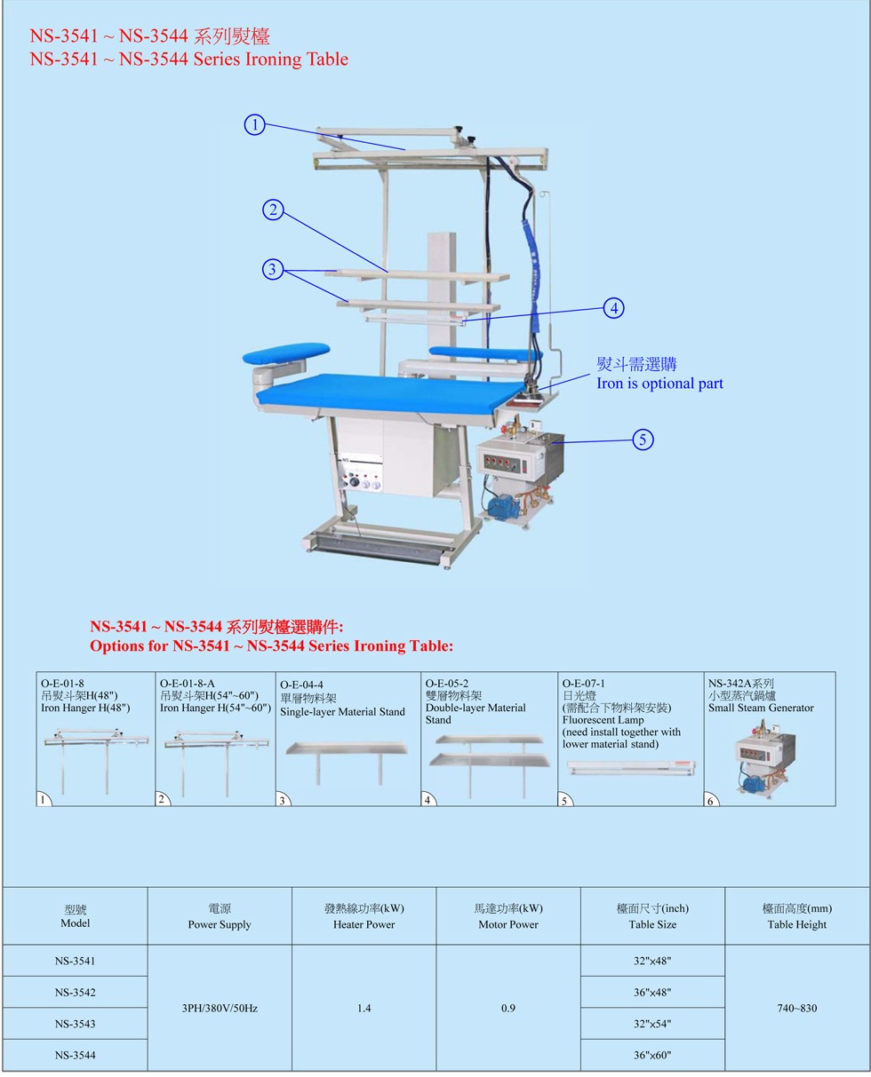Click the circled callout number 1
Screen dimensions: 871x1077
click(254, 124)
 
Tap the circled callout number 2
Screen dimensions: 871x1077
click(273, 210)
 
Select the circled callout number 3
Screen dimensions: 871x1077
click(272, 269)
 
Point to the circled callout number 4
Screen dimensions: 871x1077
click(613, 308)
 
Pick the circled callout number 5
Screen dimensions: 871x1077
click(643, 439)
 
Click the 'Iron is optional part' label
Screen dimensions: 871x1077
click(659, 384)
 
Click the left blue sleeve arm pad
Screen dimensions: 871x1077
click(286, 352)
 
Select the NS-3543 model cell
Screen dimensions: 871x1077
click(75, 1024)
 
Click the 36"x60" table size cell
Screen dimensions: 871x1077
click(651, 1055)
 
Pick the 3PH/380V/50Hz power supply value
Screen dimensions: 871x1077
click(220, 1008)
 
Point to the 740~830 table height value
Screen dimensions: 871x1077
click(796, 1008)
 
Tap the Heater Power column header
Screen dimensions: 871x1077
click(364, 924)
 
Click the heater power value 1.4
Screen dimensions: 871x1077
click(364, 1008)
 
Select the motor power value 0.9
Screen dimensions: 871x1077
click(507, 1008)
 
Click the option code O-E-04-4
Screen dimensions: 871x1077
click(301, 685)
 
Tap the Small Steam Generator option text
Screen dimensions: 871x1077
click(761, 708)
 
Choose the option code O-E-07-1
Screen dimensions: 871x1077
click(583, 683)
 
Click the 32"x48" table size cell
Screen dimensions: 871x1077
click(651, 961)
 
